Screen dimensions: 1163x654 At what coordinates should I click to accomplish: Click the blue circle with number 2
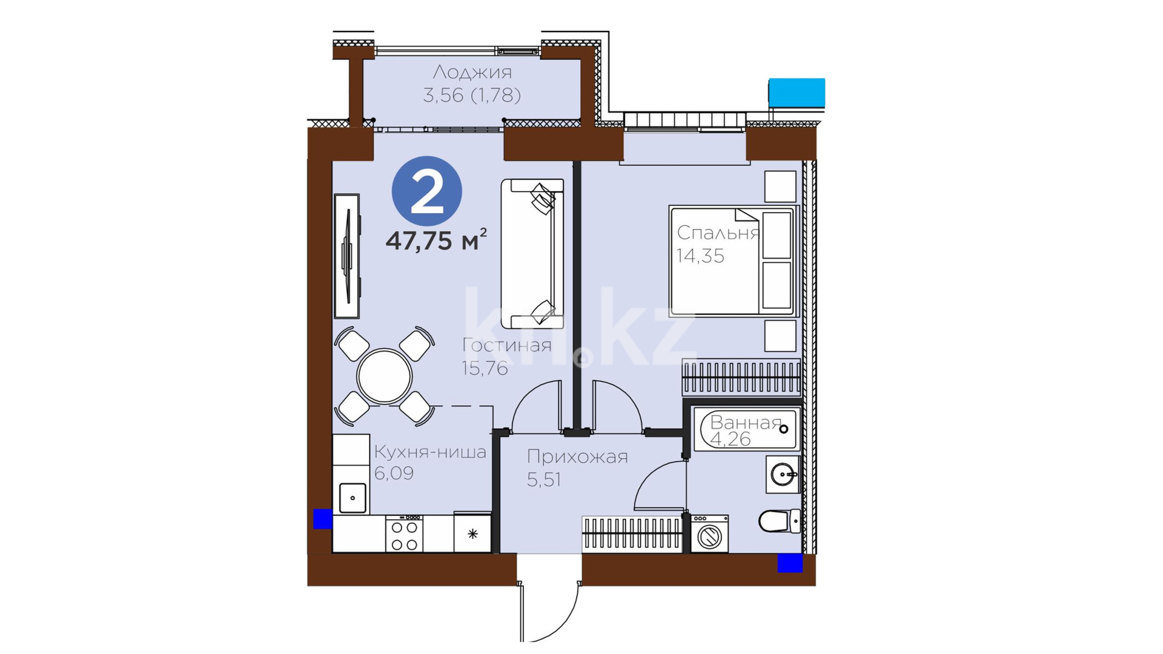coord(427,191)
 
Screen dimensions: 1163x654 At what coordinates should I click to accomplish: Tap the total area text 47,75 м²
coord(436,240)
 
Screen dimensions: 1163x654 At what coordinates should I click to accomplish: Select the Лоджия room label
coord(472,73)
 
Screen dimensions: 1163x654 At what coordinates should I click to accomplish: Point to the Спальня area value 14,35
coord(700,256)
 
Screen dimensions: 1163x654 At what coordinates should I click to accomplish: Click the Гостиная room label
coord(507,345)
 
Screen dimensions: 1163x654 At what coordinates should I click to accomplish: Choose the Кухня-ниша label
coord(430,452)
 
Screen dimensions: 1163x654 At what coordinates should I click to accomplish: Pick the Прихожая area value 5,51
coord(544,480)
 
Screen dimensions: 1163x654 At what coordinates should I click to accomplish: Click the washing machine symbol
coord(709,533)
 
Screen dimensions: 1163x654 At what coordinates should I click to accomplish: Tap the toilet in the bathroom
coord(780,521)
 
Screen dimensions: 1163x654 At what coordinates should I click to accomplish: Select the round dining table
coord(385,376)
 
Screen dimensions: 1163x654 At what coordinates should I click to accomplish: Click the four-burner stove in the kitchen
coord(404,533)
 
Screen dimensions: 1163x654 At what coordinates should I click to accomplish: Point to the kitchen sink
coord(353,498)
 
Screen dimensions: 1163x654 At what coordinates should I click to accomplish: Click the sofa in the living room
coord(532,254)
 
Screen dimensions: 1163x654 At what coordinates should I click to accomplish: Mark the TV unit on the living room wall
coord(347,256)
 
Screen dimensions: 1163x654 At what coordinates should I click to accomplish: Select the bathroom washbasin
coord(783,474)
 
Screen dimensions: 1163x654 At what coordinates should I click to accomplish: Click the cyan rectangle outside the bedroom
coord(797,93)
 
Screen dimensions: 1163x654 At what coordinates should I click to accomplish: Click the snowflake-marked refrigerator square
coord(472,533)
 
